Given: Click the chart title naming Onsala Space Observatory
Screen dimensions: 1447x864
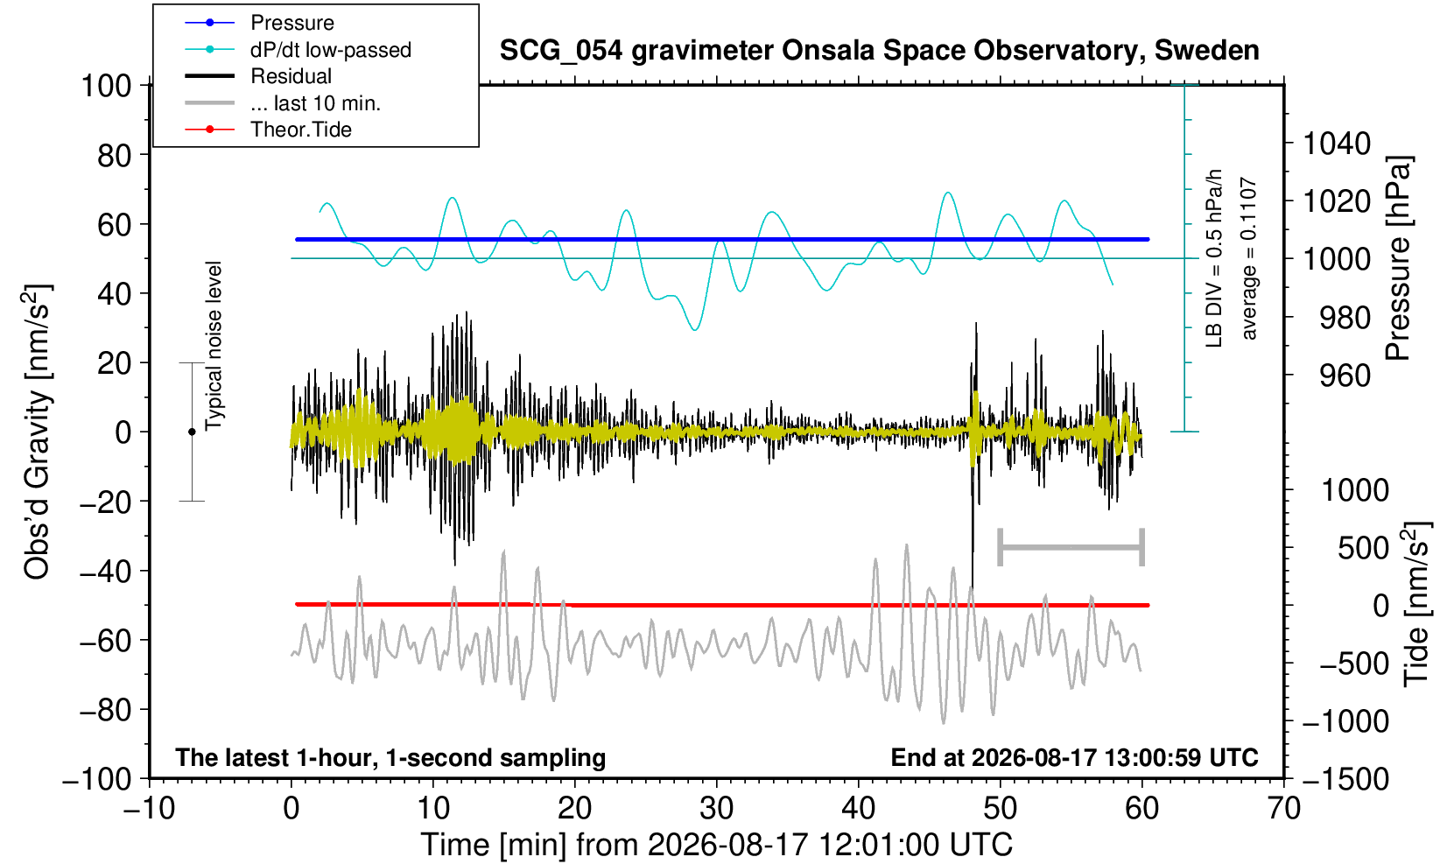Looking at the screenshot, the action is (x=879, y=51).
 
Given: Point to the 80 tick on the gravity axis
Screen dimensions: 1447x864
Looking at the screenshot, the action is (x=115, y=156).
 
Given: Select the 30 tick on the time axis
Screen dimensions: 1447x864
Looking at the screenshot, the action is (x=716, y=809).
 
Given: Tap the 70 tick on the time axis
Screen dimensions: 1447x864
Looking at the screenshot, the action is (x=1283, y=809).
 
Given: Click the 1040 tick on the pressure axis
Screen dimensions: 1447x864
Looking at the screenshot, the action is (x=1337, y=144).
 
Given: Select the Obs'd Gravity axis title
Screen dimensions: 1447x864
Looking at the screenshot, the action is (x=37, y=432).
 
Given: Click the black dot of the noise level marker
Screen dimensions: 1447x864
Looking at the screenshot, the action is (x=192, y=432).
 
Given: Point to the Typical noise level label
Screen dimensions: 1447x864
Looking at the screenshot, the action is (x=214, y=347).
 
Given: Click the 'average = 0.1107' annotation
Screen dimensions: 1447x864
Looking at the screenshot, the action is (x=1249, y=258).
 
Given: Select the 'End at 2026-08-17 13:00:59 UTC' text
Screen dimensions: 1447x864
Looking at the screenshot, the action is (x=1074, y=757).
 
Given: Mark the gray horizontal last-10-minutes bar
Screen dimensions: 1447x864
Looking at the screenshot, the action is (x=1071, y=548).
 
